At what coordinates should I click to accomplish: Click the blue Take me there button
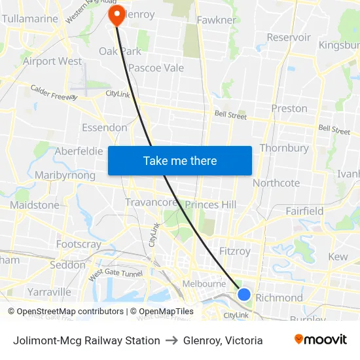click(x=179, y=160)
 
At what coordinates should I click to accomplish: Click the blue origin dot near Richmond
click(x=244, y=295)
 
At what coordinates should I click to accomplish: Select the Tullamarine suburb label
click(x=30, y=19)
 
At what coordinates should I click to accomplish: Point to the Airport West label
click(x=52, y=61)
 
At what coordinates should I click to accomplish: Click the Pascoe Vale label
click(x=156, y=67)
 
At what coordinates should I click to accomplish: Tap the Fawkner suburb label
click(x=216, y=20)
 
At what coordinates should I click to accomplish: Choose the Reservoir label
click(x=289, y=37)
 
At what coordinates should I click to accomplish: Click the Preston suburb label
click(x=289, y=108)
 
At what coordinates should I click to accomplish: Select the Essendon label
click(x=104, y=127)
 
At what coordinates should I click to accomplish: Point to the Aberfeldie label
click(x=79, y=151)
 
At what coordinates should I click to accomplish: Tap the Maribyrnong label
click(x=65, y=175)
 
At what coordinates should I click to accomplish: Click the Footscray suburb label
click(x=79, y=244)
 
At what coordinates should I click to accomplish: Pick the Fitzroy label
click(x=235, y=251)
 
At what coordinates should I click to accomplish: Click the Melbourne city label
click(x=204, y=283)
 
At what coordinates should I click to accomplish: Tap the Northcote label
click(x=276, y=183)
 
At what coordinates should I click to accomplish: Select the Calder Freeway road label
click(x=54, y=92)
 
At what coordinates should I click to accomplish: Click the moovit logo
click(x=321, y=340)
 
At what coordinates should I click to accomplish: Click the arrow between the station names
click(x=171, y=340)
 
